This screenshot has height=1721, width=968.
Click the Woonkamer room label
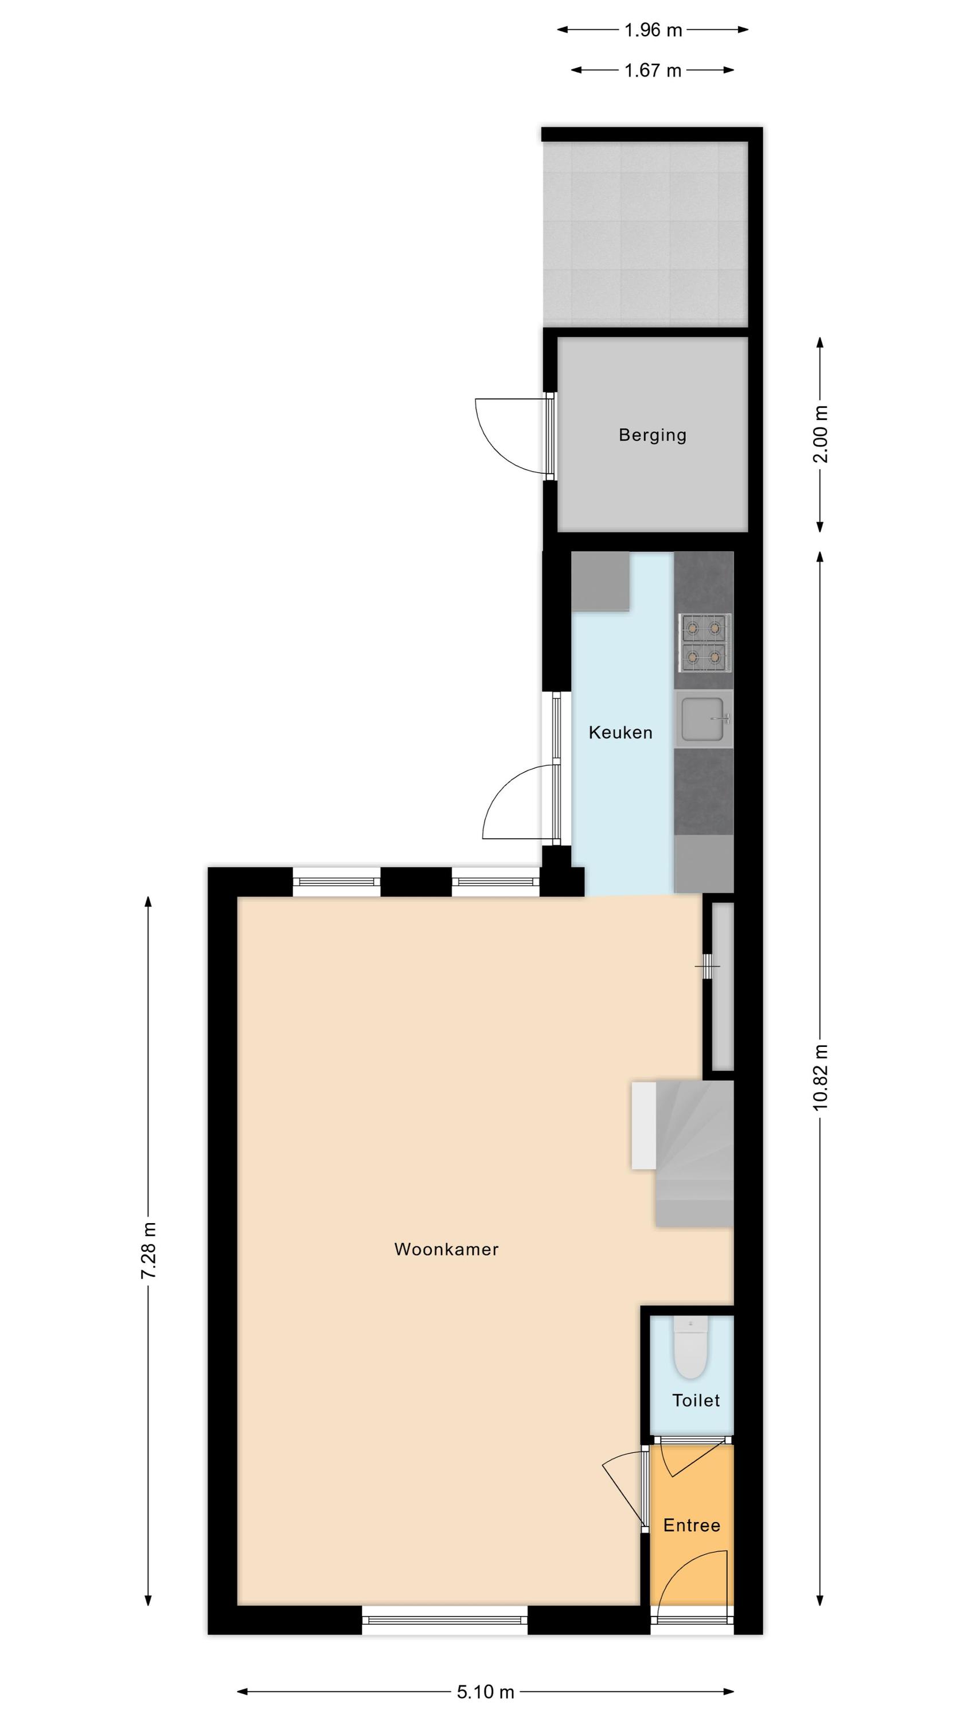click(x=446, y=1249)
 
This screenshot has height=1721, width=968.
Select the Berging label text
click(x=652, y=435)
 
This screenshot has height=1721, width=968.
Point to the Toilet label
click(x=696, y=1400)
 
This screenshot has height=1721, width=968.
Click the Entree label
click(x=692, y=1525)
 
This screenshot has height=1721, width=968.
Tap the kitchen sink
click(x=704, y=719)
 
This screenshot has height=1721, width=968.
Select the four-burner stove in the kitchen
click(x=705, y=643)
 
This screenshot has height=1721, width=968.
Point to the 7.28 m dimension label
click(x=149, y=1251)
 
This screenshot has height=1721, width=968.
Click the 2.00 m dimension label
click(x=821, y=434)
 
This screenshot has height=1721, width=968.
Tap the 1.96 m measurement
click(x=653, y=30)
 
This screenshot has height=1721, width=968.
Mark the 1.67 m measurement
click(x=653, y=70)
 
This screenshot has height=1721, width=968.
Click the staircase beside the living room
click(x=683, y=1154)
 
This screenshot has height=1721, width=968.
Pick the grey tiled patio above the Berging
click(x=645, y=234)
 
